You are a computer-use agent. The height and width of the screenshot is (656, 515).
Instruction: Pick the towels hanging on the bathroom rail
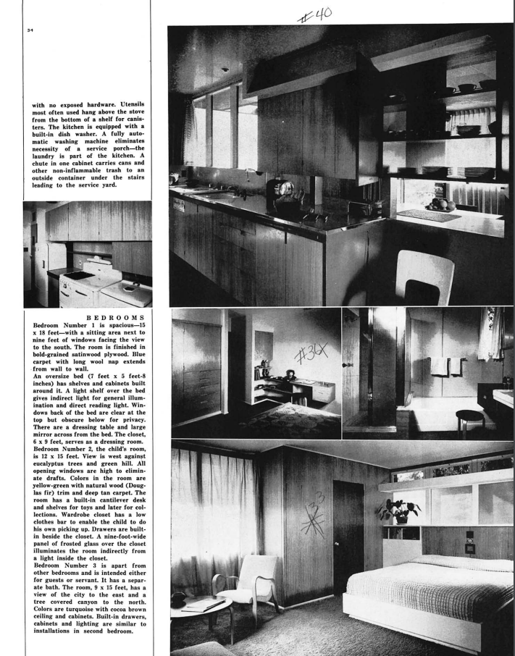pyautogui.click(x=447, y=366)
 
